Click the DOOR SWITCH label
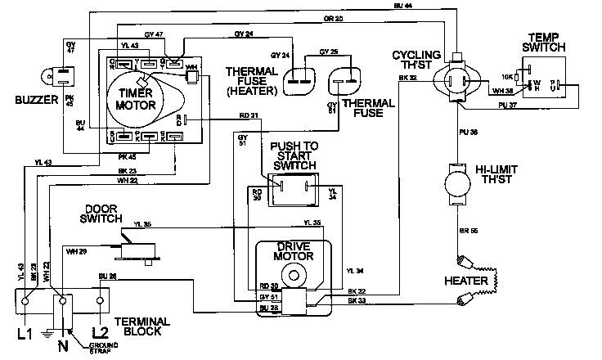click(x=101, y=214)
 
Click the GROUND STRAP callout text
click(x=103, y=349)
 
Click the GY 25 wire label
click(x=329, y=52)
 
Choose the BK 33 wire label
click(x=356, y=302)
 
